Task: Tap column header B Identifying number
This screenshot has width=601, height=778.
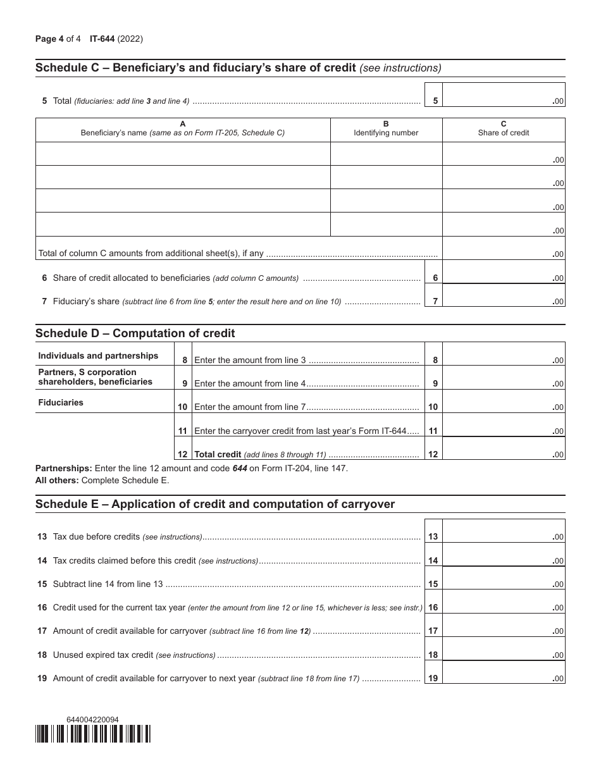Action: (x=386, y=129)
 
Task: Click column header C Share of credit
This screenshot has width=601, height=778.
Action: (x=503, y=129)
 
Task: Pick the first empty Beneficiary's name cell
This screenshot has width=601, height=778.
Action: (x=183, y=154)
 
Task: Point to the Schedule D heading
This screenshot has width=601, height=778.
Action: (x=135, y=333)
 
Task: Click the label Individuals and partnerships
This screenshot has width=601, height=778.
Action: (x=98, y=355)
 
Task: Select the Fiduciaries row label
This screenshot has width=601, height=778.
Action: (x=61, y=402)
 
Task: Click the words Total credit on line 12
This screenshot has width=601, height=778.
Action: (x=218, y=454)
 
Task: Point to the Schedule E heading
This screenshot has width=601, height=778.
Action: (x=215, y=504)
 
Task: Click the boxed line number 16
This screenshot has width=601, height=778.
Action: (x=433, y=607)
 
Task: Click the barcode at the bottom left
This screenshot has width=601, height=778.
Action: (x=93, y=733)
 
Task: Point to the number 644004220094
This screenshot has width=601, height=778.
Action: (x=92, y=719)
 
